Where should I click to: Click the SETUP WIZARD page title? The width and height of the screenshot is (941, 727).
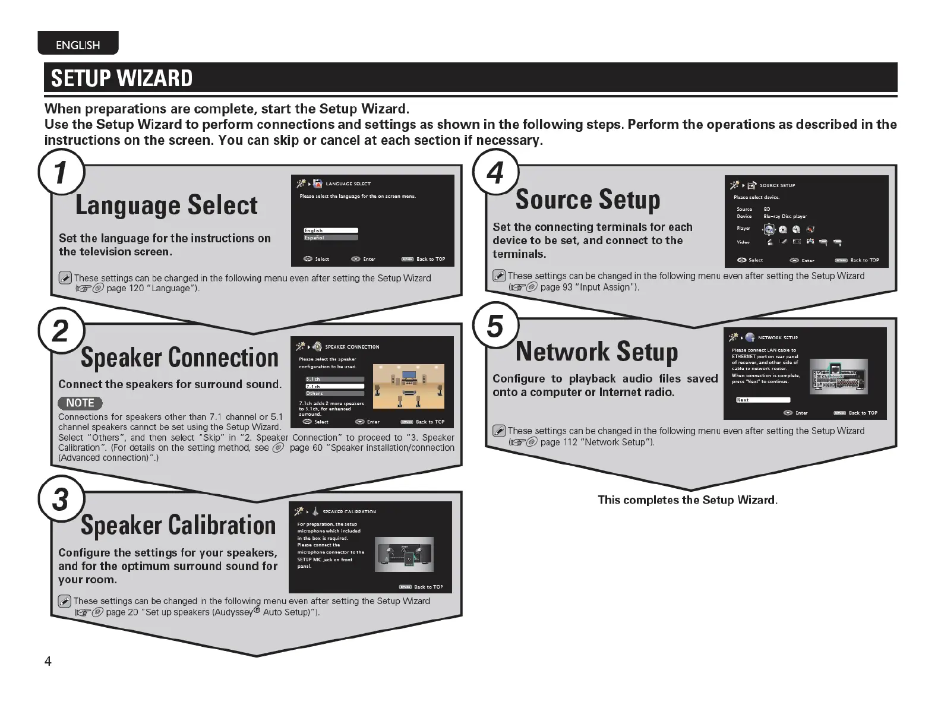[x=122, y=78]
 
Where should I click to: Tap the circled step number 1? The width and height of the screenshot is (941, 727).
[x=61, y=173]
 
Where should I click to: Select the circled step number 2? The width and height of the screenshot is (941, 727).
[x=61, y=330]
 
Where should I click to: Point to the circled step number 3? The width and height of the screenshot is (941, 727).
[x=61, y=499]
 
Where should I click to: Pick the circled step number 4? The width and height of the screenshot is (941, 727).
[x=495, y=173]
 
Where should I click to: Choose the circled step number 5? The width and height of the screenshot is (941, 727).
[x=495, y=326]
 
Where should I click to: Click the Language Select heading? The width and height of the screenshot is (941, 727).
[x=166, y=206]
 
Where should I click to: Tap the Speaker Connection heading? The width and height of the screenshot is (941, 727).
[x=179, y=358]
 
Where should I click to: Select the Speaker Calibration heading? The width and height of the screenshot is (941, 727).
[x=178, y=526]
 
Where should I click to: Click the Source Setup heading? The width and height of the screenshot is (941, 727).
[x=588, y=200]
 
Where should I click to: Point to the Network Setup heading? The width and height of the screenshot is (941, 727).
[x=596, y=352]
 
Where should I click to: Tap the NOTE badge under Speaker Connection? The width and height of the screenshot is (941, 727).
[x=80, y=403]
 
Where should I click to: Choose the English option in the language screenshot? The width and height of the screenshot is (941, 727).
[x=331, y=230]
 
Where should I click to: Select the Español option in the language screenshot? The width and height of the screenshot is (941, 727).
[x=331, y=238]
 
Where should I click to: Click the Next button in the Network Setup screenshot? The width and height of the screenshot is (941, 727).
[x=763, y=400]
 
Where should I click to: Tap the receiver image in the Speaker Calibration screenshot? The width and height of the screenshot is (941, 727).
[x=404, y=554]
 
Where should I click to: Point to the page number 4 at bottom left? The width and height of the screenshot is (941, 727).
[x=48, y=662]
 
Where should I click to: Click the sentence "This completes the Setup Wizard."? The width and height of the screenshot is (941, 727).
[x=687, y=500]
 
